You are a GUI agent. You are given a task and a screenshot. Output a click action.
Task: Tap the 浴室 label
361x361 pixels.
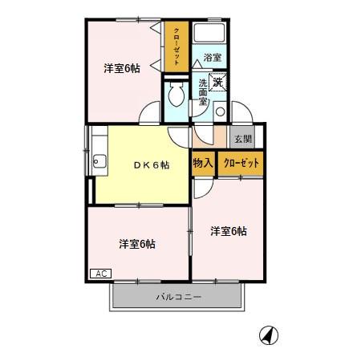coord(212,58)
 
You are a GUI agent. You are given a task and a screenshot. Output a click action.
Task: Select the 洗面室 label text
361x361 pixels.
coord(203,92)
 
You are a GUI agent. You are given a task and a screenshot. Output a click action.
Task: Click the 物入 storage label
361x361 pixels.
coord(202,163)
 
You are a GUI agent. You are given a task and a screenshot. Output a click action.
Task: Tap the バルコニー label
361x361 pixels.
coord(179,298)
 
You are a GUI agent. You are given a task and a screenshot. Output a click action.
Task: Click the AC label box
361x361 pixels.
coord(101,274)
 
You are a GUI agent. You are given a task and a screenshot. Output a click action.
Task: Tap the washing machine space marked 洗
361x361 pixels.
coord(218,81)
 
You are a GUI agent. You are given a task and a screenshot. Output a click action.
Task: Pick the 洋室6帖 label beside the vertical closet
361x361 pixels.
coord(121,68)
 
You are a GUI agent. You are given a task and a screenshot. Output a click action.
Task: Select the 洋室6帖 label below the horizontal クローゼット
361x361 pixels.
coord(229,232)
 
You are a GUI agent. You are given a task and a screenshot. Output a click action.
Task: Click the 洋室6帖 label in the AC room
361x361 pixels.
coord(137,243)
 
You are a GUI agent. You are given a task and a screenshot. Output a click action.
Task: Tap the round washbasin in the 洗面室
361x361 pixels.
coord(220,112)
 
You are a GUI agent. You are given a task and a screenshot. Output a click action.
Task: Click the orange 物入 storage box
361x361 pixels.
coord(203,163)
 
